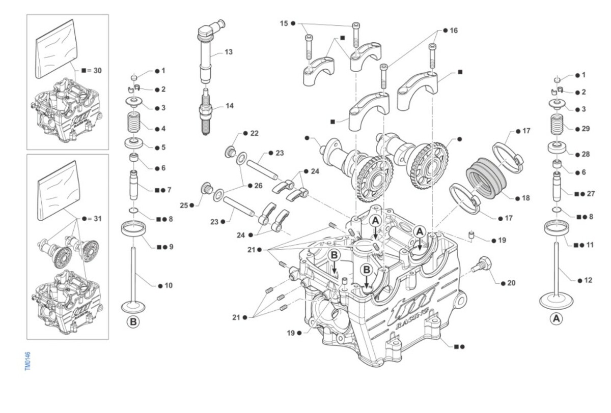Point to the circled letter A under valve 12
(x=557, y=319)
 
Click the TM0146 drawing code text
(x=27, y=361)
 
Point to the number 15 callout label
(x=284, y=23)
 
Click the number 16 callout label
(x=454, y=31)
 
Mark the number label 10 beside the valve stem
(x=168, y=285)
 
